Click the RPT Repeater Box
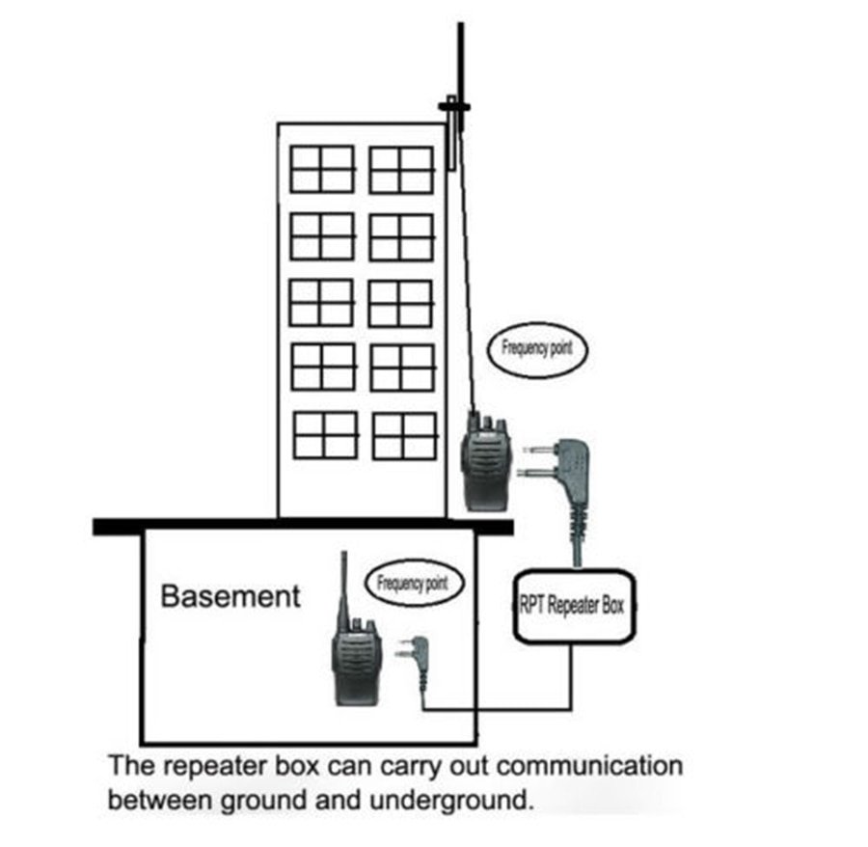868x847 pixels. click(575, 607)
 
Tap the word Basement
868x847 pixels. click(231, 595)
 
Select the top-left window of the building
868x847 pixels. click(322, 169)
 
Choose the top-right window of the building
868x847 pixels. click(401, 170)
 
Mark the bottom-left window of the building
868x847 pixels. click(325, 435)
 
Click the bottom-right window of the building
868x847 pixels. click(405, 435)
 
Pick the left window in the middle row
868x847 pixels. click(322, 302)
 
